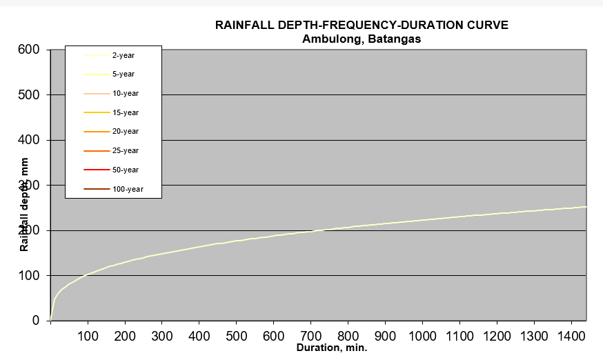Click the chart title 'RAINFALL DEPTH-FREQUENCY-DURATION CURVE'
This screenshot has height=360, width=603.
(362, 26)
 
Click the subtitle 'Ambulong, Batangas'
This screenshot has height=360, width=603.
(362, 39)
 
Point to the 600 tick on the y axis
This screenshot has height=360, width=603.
(32, 50)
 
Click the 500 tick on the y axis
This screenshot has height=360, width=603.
(32, 94)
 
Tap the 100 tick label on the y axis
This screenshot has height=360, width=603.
(32, 276)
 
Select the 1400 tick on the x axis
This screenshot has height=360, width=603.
(571, 336)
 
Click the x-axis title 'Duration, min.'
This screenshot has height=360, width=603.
(332, 348)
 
